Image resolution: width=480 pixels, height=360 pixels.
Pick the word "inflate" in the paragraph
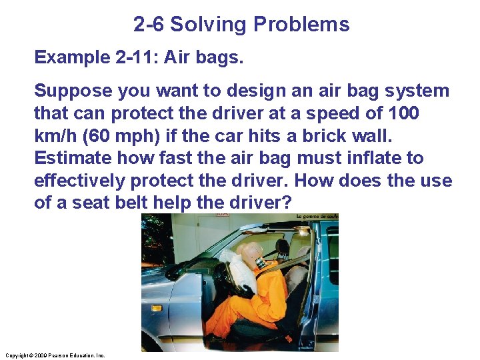pos(376,159)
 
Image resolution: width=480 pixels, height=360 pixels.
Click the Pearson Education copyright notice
pos(54,355)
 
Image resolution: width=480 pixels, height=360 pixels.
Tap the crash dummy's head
pos(253,254)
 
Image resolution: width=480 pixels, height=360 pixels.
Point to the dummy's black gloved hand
pos(246,291)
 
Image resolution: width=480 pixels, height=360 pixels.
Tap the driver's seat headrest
pos(283,249)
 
